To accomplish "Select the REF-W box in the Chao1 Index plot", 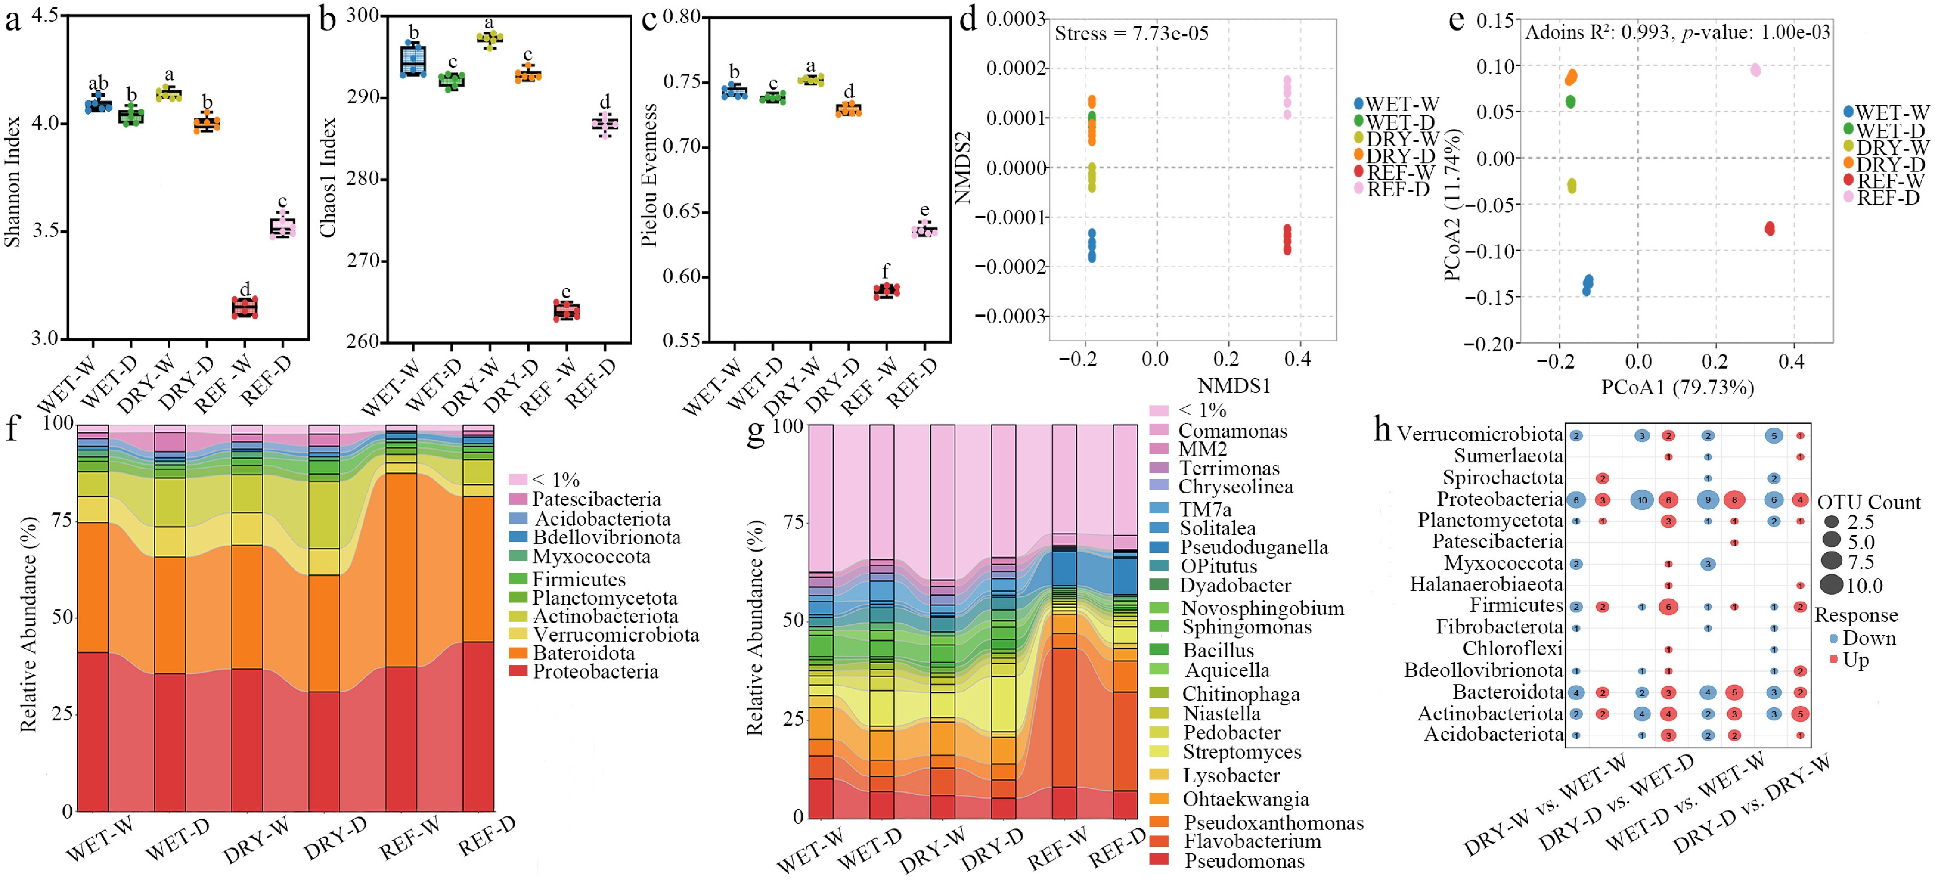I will pos(567,310).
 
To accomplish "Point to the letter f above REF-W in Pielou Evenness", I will pos(886,272).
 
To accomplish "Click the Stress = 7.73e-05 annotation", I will pos(1131,34).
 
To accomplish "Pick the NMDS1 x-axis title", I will pos(1233,386).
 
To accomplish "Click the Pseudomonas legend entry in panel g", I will pos(1243,861).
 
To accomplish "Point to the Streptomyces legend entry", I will pos(1241,752).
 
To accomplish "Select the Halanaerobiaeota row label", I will pos(1486,584).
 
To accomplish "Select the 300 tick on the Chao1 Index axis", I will pos(364,16).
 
